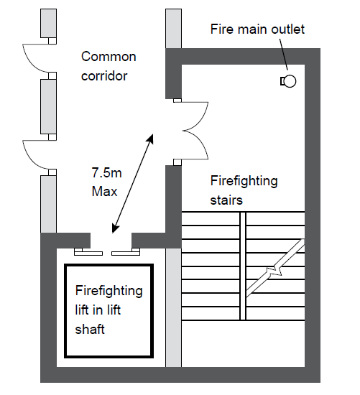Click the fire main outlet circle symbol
tap(290, 81)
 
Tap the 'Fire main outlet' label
tap(257, 29)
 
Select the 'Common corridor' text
tap(109, 66)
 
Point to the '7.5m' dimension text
tap(106, 173)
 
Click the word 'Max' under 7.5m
tap(104, 192)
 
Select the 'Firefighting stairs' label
tap(244, 190)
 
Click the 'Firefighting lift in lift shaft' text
tap(109, 310)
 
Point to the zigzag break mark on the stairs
tap(275, 270)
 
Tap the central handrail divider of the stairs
tap(243, 266)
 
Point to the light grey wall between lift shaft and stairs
tap(173, 307)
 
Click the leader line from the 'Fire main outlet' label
tap(283, 54)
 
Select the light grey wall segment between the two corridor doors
tap(48, 106)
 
